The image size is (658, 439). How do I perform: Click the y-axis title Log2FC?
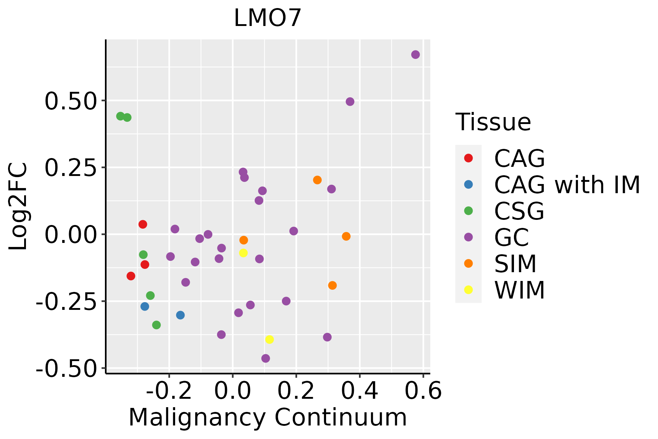pyautogui.click(x=18, y=207)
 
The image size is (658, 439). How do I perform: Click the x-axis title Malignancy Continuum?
pyautogui.click(x=268, y=417)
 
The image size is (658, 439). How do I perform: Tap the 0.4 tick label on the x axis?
pyautogui.click(x=360, y=391)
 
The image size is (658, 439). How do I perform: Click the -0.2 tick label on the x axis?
pyautogui.click(x=169, y=391)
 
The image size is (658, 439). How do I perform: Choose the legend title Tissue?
pyautogui.click(x=493, y=122)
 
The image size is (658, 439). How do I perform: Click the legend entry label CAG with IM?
pyautogui.click(x=567, y=185)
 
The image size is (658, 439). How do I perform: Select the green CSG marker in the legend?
pyautogui.click(x=468, y=211)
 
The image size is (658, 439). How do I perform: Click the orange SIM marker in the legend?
pyautogui.click(x=468, y=263)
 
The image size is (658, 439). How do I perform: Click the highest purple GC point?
pyautogui.click(x=415, y=55)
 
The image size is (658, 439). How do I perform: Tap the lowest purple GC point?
pyautogui.click(x=266, y=358)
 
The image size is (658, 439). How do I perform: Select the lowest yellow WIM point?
pyautogui.click(x=269, y=339)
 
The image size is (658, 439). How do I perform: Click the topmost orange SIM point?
pyautogui.click(x=317, y=180)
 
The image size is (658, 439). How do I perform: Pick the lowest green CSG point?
pyautogui.click(x=156, y=325)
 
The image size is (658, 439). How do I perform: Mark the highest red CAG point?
pyautogui.click(x=143, y=224)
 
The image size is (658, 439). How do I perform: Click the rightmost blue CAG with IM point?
pyautogui.click(x=180, y=315)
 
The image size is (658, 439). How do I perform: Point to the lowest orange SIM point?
pyautogui.click(x=332, y=285)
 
